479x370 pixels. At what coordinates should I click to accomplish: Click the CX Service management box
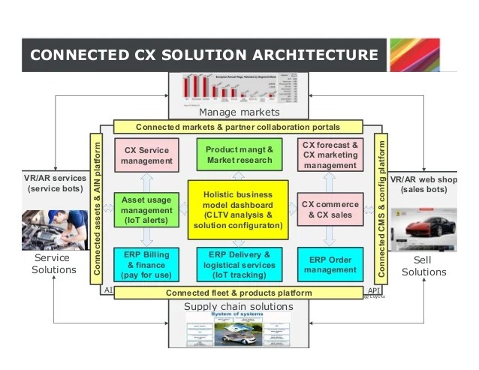[147, 155]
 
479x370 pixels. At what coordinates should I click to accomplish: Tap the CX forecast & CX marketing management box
[330, 155]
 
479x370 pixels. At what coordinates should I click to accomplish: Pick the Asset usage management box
[147, 209]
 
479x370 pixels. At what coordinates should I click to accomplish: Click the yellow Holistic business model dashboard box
[238, 210]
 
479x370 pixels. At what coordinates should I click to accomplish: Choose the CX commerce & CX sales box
[330, 209]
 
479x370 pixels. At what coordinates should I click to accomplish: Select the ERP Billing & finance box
[147, 265]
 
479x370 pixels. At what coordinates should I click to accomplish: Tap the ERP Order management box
[330, 265]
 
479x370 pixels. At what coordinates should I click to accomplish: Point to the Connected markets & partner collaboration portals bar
[238, 127]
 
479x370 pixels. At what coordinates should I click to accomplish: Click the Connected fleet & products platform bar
[239, 292]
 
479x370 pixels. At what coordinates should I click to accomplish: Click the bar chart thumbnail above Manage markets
[239, 89]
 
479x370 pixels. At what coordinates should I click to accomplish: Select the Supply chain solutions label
[239, 306]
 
